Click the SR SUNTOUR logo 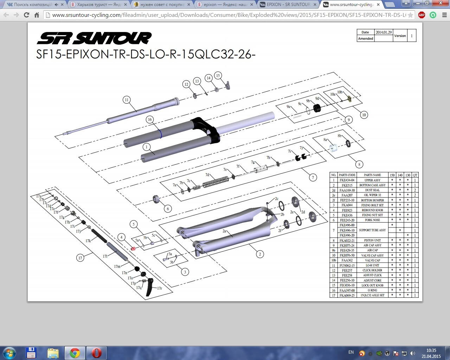[x=94, y=38]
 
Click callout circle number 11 [x=127, y=100]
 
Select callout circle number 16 [x=150, y=120]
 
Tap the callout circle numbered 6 [x=168, y=208]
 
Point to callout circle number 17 [x=80, y=258]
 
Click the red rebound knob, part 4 [x=133, y=249]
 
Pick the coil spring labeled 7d [x=213, y=182]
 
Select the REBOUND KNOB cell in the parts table [x=372, y=210]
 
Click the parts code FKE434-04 [x=347, y=180]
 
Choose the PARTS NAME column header [x=372, y=175]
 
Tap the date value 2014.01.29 [x=383, y=32]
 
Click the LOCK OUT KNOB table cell [x=372, y=285]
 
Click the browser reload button [x=26, y=15]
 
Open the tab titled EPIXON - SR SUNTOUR [x=288, y=5]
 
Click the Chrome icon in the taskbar [x=75, y=353]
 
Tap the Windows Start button [x=9, y=353]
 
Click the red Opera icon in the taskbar [x=96, y=353]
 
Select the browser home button [x=37, y=15]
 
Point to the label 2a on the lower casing [x=224, y=231]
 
